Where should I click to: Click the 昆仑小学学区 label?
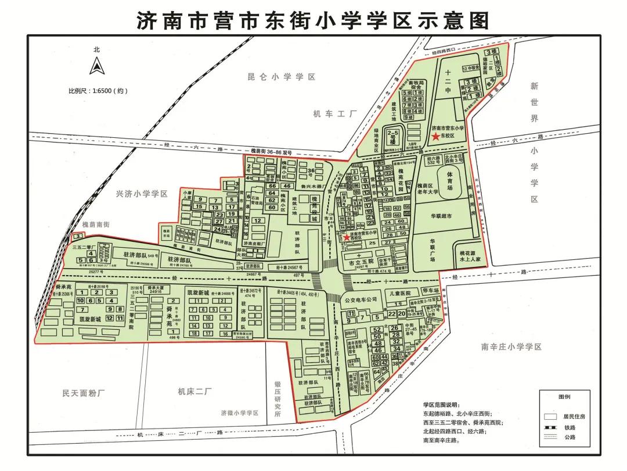[281, 77]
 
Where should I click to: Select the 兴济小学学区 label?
[142, 194]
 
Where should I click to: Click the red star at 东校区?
[435, 136]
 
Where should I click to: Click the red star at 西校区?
[347, 237]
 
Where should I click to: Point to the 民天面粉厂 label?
[82, 392]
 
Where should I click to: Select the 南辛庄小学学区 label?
[511, 347]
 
